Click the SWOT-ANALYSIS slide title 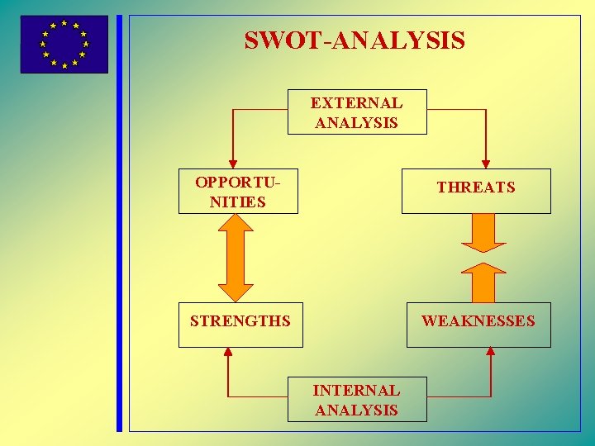(355, 40)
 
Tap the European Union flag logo (64, 45)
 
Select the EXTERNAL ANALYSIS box (357, 112)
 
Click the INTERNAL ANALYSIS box (357, 400)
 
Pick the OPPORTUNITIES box (238, 192)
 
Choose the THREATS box (476, 192)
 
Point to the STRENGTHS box (240, 325)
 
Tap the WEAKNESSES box (478, 325)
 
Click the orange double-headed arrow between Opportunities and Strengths (236, 258)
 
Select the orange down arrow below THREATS (483, 235)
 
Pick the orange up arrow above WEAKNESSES (483, 282)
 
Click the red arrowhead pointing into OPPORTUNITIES (233, 164)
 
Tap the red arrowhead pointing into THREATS (486, 164)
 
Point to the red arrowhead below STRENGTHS (229, 352)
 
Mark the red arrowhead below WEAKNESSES (491, 352)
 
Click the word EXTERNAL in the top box (357, 103)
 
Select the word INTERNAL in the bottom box (357, 391)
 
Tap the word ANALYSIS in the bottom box (357, 410)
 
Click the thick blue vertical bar (119, 223)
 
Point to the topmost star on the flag (64, 23)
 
